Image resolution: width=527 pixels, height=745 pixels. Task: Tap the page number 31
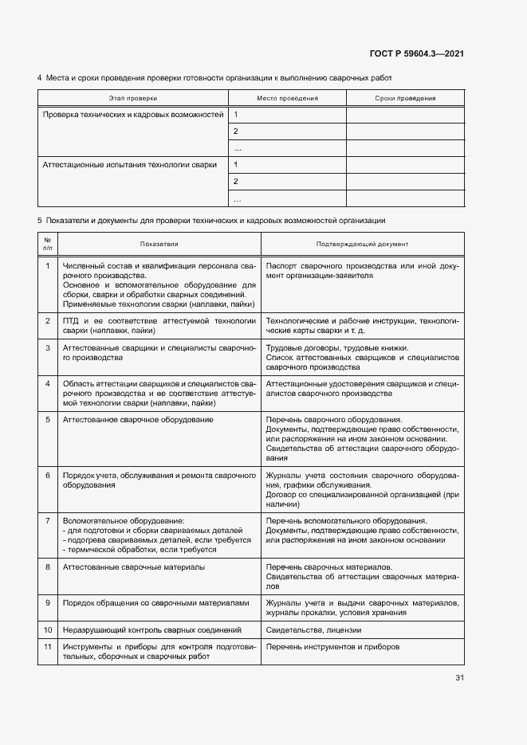pyautogui.click(x=459, y=678)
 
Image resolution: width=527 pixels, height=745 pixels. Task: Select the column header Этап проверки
pyautogui.click(x=133, y=98)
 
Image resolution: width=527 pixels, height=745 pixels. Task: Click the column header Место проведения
pyautogui.click(x=287, y=98)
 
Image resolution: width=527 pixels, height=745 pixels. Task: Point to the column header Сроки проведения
pyautogui.click(x=405, y=98)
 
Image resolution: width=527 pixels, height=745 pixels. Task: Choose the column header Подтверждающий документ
pyautogui.click(x=362, y=244)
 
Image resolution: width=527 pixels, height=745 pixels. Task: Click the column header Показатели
pyautogui.click(x=159, y=244)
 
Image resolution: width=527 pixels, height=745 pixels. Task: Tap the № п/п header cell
pyautogui.click(x=48, y=244)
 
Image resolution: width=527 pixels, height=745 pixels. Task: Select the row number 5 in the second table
pyautogui.click(x=48, y=419)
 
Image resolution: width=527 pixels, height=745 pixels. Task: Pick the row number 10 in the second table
pyautogui.click(x=48, y=630)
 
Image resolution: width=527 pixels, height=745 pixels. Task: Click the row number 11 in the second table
pyautogui.click(x=48, y=647)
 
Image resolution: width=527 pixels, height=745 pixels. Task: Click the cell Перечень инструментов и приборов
pyautogui.click(x=332, y=647)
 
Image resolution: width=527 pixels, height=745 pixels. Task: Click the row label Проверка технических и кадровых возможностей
pyautogui.click(x=133, y=115)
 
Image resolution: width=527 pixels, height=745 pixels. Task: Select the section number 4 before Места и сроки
pyautogui.click(x=40, y=78)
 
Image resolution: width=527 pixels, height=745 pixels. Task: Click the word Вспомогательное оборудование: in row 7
pyautogui.click(x=112, y=520)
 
